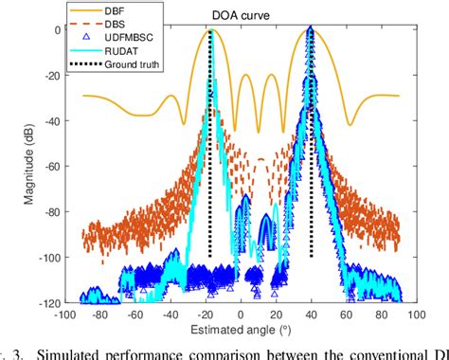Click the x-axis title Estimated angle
tap(241, 330)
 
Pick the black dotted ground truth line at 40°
tap(311, 189)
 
